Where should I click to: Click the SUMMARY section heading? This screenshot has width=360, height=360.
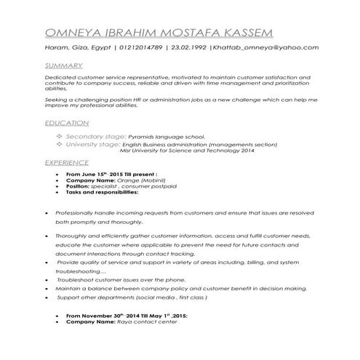coord(63,65)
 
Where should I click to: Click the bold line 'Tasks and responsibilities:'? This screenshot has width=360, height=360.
coord(102,192)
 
